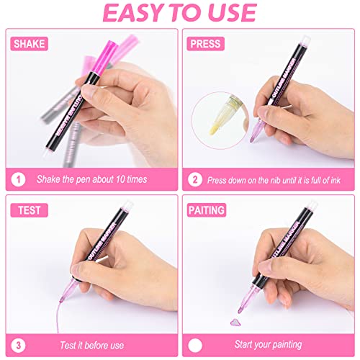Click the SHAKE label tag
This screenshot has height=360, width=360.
(x=29, y=44)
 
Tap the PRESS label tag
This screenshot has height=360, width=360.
(x=206, y=44)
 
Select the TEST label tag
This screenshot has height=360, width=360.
(x=29, y=210)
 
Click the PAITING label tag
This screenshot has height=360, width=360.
(x=207, y=210)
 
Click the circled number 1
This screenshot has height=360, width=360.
(x=18, y=179)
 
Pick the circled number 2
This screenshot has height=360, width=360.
(x=195, y=179)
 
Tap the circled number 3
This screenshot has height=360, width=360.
(x=18, y=346)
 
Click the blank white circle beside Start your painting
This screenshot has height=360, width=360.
(x=195, y=346)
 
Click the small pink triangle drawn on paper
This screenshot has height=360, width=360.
(x=235, y=322)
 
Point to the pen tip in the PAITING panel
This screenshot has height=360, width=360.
(x=240, y=310)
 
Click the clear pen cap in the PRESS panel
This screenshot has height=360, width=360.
(x=305, y=40)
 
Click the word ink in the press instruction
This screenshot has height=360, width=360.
(x=336, y=180)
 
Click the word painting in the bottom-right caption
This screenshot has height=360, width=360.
(x=287, y=345)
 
